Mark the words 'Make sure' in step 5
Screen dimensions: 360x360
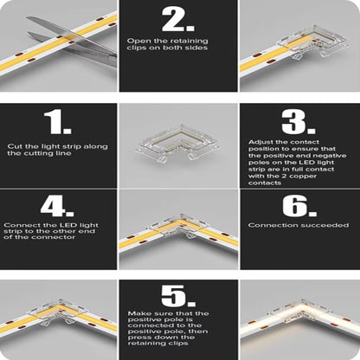click(x=143, y=312)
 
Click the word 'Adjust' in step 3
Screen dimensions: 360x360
click(x=259, y=140)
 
